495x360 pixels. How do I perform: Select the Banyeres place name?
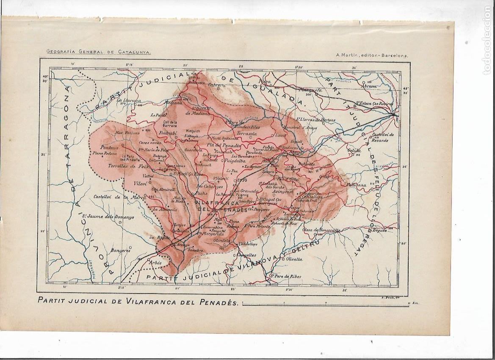120,250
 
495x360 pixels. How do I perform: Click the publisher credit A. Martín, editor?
372,55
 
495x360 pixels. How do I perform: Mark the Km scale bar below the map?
326,303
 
